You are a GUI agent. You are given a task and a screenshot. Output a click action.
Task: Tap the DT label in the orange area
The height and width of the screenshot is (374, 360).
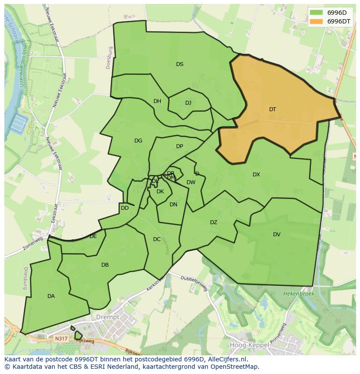[x=272, y=109]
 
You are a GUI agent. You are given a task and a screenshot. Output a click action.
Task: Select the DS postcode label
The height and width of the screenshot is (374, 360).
[x=180, y=64]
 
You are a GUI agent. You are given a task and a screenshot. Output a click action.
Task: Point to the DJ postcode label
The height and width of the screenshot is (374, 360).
[x=188, y=103]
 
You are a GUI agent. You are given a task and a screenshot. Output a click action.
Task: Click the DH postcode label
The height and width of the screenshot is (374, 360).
[x=157, y=101]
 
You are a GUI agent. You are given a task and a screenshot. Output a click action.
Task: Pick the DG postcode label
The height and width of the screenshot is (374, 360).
[x=138, y=141]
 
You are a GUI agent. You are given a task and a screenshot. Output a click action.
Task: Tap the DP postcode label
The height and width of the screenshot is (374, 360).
[x=180, y=146]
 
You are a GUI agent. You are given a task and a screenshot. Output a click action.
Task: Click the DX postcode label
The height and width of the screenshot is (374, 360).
[x=256, y=175]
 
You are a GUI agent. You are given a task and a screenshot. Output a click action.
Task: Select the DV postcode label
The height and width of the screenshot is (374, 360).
[x=277, y=235]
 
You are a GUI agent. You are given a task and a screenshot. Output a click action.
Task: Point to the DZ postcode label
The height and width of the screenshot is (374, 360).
[x=213, y=222]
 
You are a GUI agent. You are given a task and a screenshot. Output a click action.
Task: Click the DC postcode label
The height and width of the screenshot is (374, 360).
[x=157, y=239]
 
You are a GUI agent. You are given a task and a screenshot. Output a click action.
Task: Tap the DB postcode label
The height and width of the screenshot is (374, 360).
[x=105, y=265]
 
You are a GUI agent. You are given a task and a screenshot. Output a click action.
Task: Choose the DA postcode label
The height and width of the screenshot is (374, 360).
[x=51, y=296]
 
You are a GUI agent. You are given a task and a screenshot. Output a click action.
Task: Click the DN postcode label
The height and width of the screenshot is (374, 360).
[x=173, y=205]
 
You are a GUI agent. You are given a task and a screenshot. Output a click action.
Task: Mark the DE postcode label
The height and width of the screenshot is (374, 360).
[x=93, y=236]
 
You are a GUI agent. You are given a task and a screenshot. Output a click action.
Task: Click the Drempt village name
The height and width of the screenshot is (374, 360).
[x=108, y=317]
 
